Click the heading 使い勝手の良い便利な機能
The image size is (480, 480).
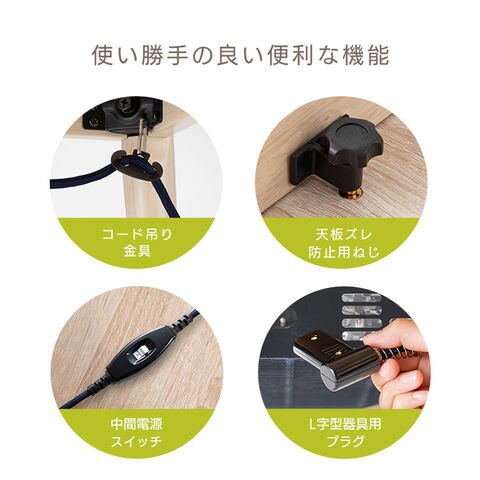tap(240, 56)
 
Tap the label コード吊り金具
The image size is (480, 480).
tap(137, 243)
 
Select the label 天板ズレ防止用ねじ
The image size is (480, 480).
tap(344, 244)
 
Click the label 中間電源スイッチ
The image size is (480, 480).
tap(136, 433)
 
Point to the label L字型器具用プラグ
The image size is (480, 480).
tap(345, 433)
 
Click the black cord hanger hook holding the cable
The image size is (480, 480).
tap(136, 163)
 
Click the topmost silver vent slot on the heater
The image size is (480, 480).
tap(361, 297)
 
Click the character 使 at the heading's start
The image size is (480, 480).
tap(103, 56)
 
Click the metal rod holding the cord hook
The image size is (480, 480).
tap(142, 134)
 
